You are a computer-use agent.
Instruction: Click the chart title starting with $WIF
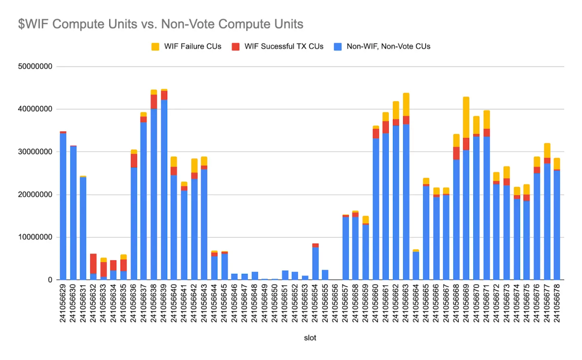click(160, 24)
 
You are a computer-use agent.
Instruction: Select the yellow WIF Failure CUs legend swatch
click(155, 47)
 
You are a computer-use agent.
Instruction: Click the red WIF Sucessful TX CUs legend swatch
click(236, 47)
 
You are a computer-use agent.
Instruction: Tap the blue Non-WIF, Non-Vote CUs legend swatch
click(338, 47)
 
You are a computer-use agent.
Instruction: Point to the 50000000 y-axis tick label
click(35, 66)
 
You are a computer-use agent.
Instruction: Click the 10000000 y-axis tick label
click(35, 237)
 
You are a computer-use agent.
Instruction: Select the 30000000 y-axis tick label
click(35, 152)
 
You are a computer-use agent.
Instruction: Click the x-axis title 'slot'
click(310, 338)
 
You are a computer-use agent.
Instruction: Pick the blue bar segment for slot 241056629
click(63, 206)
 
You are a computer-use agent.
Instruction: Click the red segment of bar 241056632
click(93, 263)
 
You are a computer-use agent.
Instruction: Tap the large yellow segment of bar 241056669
click(466, 117)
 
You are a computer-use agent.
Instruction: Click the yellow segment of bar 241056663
click(406, 104)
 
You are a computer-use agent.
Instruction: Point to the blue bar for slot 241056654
click(315, 263)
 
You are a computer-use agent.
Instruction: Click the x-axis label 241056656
click(335, 303)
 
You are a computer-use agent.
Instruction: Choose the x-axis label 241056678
click(557, 303)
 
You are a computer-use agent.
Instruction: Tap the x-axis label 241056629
click(63, 303)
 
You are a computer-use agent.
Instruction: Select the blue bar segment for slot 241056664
click(416, 266)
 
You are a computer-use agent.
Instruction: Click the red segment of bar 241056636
click(134, 161)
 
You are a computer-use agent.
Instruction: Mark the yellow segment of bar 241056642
click(194, 165)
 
